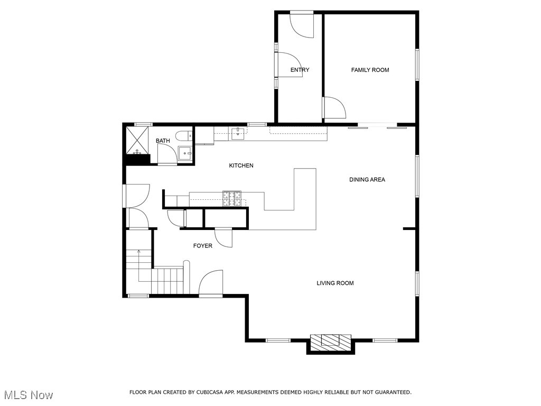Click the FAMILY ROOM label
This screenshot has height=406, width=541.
[x=370, y=70]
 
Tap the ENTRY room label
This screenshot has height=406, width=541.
[x=300, y=70]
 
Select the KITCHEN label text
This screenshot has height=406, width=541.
[x=241, y=165]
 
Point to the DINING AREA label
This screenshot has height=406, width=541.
[x=367, y=180]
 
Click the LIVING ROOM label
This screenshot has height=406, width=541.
[x=335, y=283]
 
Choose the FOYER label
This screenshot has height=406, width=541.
[x=202, y=246]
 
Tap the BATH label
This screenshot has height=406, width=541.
[x=163, y=141]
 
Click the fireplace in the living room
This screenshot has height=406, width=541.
[x=331, y=342]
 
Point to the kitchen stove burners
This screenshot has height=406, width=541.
[x=232, y=198]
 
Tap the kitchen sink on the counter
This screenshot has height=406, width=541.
[x=238, y=132]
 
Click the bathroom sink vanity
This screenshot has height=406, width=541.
[x=185, y=153]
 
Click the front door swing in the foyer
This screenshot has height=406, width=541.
[x=211, y=283]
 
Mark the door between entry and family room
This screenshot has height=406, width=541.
[x=333, y=108]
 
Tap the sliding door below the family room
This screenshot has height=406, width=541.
[x=373, y=126]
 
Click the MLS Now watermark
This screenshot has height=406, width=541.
[x=27, y=395]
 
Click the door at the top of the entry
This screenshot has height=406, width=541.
[x=302, y=24]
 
